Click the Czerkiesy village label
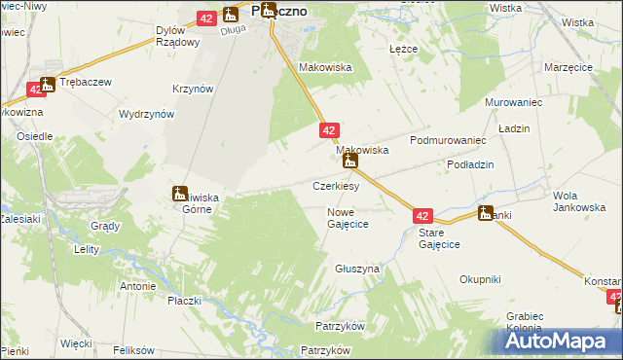[336, 186]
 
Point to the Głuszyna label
[356, 268]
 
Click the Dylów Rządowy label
[177, 36]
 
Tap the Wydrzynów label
[146, 114]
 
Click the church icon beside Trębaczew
[47, 87]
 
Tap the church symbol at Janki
[486, 214]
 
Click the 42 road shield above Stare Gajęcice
[421, 215]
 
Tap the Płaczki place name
[183, 301]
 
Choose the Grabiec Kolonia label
[531, 322]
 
